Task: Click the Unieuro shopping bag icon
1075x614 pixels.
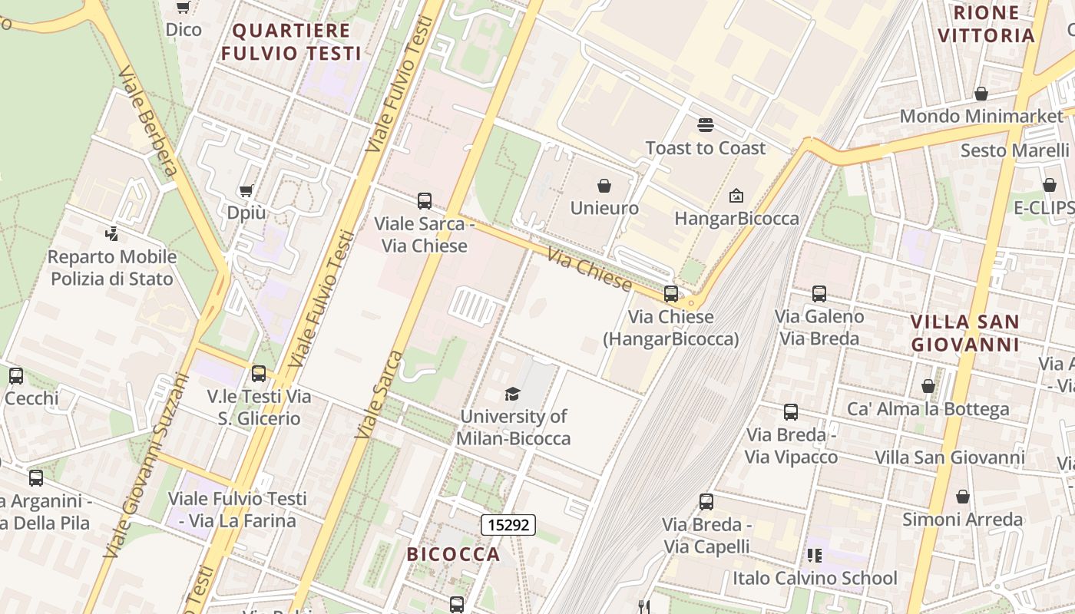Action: [604, 186]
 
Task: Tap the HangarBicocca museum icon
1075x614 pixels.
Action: [736, 196]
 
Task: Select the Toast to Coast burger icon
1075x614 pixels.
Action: [705, 125]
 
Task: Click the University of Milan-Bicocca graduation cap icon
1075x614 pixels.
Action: [512, 394]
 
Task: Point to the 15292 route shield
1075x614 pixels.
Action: [508, 525]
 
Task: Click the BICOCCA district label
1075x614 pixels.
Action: [453, 554]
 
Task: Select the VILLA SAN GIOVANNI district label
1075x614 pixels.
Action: [964, 333]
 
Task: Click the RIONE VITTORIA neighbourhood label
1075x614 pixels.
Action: [986, 24]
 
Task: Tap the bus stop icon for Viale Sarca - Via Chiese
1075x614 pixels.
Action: [424, 201]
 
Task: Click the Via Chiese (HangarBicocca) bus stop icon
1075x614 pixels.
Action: [671, 293]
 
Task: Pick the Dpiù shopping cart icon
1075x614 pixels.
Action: [246, 190]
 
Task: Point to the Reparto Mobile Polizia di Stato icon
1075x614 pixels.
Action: [112, 233]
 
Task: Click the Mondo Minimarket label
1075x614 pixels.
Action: [981, 116]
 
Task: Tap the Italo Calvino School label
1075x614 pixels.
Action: [815, 578]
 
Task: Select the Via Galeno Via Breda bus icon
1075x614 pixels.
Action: [819, 293]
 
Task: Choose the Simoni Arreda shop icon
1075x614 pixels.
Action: [962, 497]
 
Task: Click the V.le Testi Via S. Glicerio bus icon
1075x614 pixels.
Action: [259, 374]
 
